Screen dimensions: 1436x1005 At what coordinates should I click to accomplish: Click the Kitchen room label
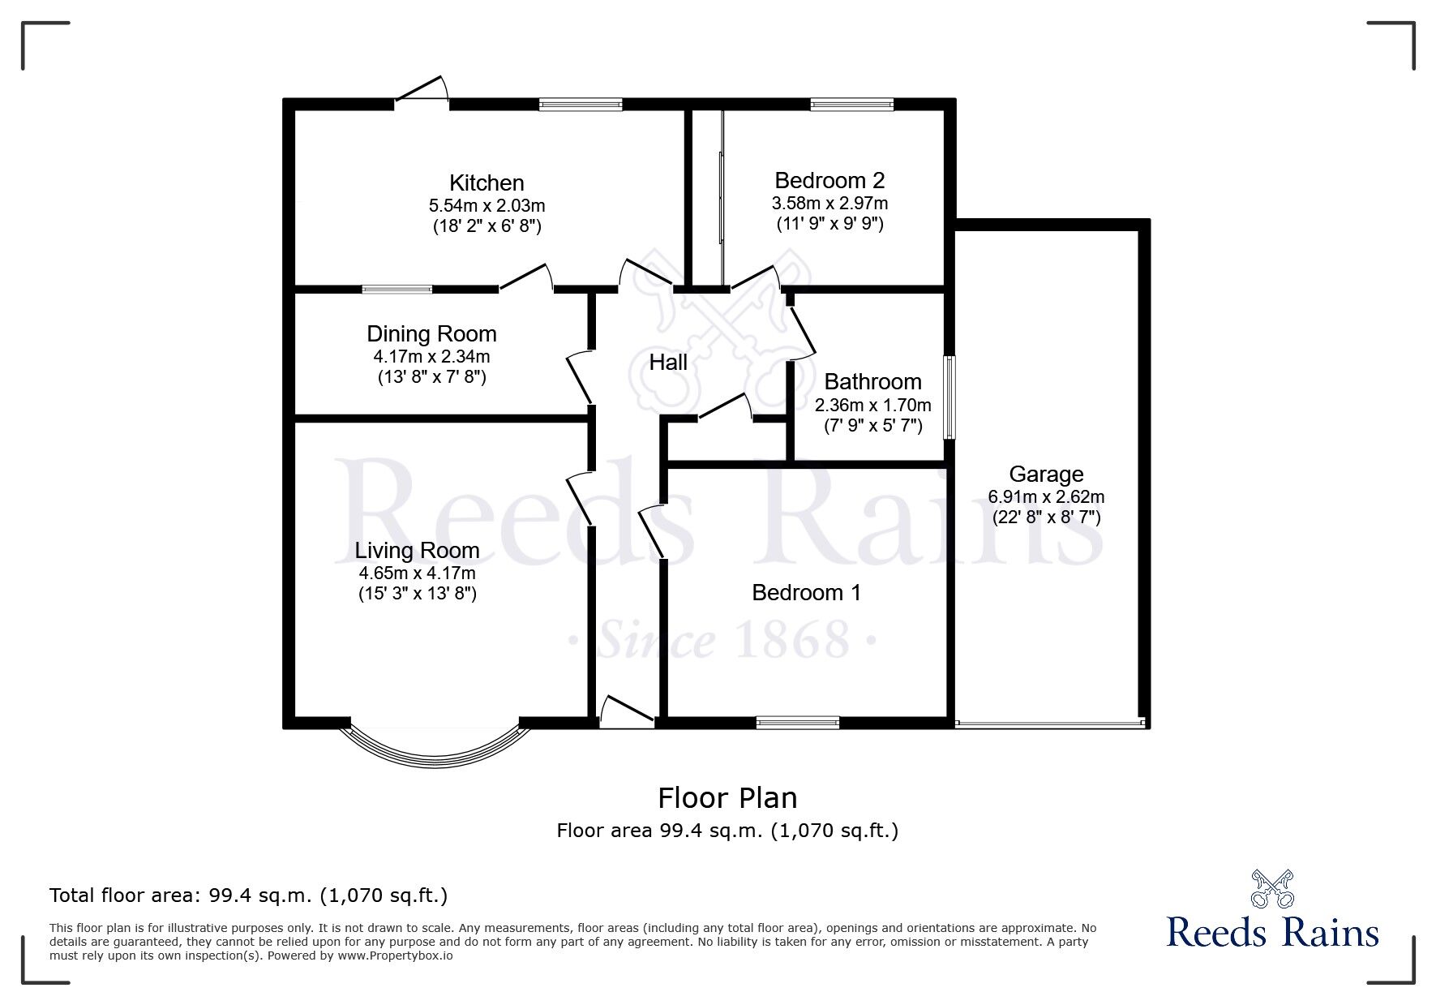pyautogui.click(x=487, y=183)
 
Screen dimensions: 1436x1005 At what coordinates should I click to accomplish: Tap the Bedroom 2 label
pyautogui.click(x=829, y=180)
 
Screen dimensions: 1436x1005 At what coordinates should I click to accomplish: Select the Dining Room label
pyautogui.click(x=431, y=333)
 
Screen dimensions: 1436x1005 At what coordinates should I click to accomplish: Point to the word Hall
pyautogui.click(x=668, y=362)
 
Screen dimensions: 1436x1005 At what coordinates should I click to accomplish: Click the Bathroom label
pyautogui.click(x=872, y=381)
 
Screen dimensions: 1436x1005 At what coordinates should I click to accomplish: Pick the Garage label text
pyautogui.click(x=1046, y=474)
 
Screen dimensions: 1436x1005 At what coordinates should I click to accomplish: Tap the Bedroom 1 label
pyautogui.click(x=806, y=592)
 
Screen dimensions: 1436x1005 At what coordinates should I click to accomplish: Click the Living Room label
pyautogui.click(x=417, y=550)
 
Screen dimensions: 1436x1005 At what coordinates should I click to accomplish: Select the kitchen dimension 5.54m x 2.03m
pyautogui.click(x=487, y=205)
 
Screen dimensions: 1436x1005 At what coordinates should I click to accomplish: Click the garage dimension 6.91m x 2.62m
pyautogui.click(x=1046, y=496)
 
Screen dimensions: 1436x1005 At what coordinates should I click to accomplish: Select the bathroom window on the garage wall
pyautogui.click(x=949, y=397)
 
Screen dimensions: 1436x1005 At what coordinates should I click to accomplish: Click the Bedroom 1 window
pyautogui.click(x=798, y=722)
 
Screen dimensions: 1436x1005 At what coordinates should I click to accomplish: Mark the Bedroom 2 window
pyautogui.click(x=851, y=104)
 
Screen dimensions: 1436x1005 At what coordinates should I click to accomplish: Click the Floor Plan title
pyautogui.click(x=727, y=797)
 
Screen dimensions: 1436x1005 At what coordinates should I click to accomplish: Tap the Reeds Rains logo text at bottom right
pyautogui.click(x=1272, y=931)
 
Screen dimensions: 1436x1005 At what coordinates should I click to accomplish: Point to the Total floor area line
pyautogui.click(x=248, y=895)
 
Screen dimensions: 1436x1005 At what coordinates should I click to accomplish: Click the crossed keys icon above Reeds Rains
pyautogui.click(x=1272, y=887)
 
